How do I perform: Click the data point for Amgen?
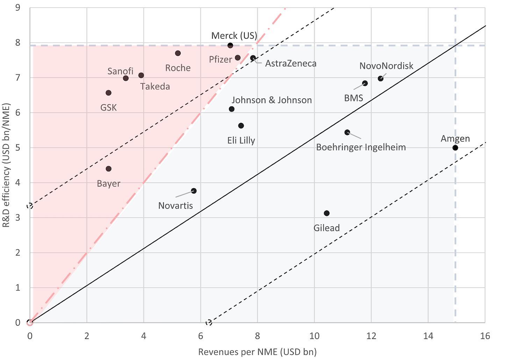[455, 148]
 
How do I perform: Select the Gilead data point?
[327, 213]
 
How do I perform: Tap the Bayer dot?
[109, 169]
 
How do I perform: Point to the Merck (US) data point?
[230, 45]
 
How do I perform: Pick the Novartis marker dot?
[194, 191]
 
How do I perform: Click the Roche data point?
[178, 53]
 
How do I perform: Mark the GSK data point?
[108, 93]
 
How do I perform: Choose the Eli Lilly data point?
[241, 126]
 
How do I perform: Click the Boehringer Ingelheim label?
[361, 147]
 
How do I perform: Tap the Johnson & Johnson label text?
[272, 100]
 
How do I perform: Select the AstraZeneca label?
[291, 63]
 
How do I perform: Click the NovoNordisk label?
[386, 66]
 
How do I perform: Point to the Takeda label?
[155, 86]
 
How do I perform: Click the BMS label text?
[353, 98]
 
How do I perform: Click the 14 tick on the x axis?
[428, 336]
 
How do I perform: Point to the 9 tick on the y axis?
[18, 8]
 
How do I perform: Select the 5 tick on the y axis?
[18, 148]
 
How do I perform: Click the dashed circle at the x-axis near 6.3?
[209, 323]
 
